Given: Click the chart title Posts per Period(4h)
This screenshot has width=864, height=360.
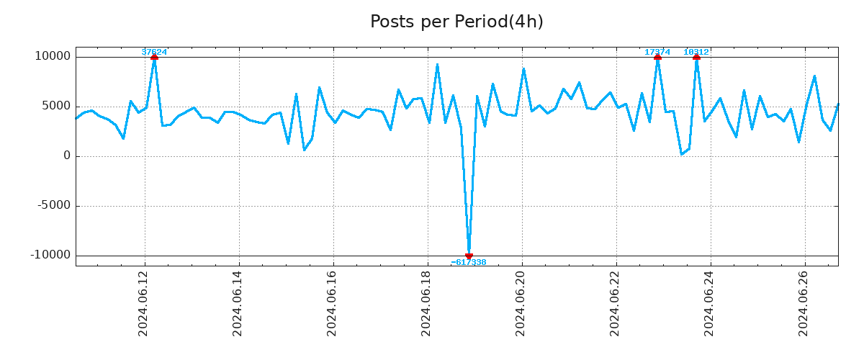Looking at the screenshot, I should click(x=456, y=22).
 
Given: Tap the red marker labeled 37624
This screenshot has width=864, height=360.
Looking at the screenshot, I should click(x=154, y=57).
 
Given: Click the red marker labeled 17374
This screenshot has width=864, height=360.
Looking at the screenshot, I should click(x=657, y=57).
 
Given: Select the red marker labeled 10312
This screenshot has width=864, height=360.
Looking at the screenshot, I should click(x=696, y=57).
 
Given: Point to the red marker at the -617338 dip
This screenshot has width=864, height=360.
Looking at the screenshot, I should click(x=469, y=256).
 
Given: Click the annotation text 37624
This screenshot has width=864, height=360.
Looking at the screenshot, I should click(x=154, y=52).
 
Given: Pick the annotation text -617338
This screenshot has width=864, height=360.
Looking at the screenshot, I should click(x=469, y=263).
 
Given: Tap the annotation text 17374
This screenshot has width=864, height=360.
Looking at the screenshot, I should click(x=657, y=52).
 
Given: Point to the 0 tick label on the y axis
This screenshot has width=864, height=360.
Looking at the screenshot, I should click(x=67, y=156).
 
